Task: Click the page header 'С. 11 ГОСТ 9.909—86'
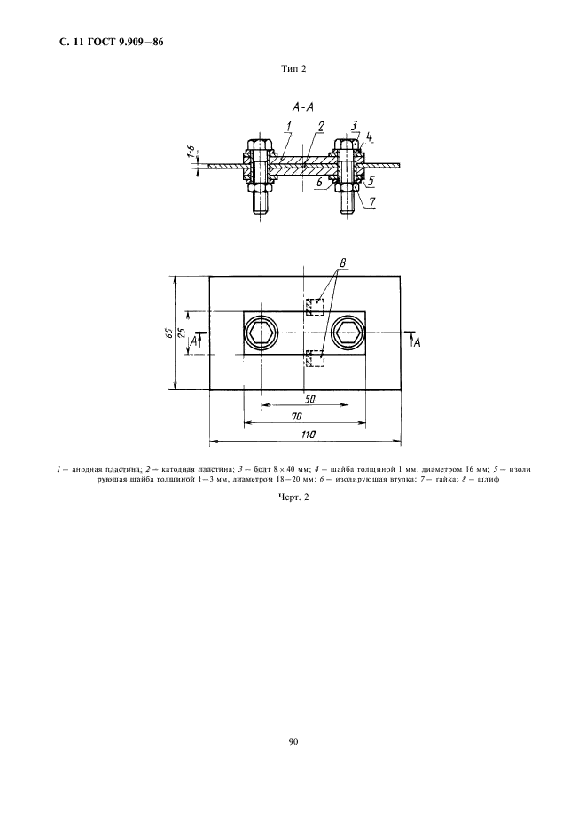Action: pyautogui.click(x=111, y=43)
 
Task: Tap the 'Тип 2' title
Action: pyautogui.click(x=293, y=69)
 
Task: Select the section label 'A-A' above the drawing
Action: pyautogui.click(x=303, y=107)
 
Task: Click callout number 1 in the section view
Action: pyautogui.click(x=289, y=127)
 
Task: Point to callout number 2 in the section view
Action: pyautogui.click(x=321, y=126)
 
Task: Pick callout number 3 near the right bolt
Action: pyautogui.click(x=354, y=125)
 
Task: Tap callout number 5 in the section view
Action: pyautogui.click(x=371, y=181)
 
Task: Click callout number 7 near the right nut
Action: pyautogui.click(x=372, y=201)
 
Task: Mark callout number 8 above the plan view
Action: pyautogui.click(x=343, y=262)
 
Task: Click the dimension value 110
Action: pyautogui.click(x=309, y=434)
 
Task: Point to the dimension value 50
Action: pyautogui.click(x=310, y=400)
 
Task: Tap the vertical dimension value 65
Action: pyautogui.click(x=168, y=333)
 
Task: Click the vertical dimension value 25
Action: pyautogui.click(x=182, y=333)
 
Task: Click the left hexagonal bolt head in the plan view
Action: pyautogui.click(x=261, y=333)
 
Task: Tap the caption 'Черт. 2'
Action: pyautogui.click(x=293, y=497)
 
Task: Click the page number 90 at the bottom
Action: pyautogui.click(x=293, y=741)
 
